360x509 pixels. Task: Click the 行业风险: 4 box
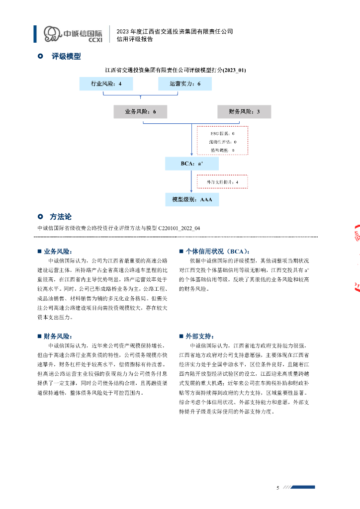tap(106, 84)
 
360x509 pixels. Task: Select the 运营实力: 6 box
tap(185, 84)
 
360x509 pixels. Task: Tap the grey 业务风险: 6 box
tap(140, 112)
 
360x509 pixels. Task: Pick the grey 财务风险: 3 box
tap(244, 112)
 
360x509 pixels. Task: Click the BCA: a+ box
tap(191, 164)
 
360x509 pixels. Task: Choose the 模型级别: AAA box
tap(192, 199)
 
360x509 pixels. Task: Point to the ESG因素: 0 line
tap(222, 134)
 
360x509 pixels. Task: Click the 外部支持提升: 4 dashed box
tap(222, 182)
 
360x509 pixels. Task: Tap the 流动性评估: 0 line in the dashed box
tap(222, 142)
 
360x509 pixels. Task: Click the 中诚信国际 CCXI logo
tap(73, 34)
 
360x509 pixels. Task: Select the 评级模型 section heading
tap(66, 57)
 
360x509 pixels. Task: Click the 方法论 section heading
tap(61, 217)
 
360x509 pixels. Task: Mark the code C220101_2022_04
tap(180, 228)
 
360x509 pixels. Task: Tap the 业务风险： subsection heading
tap(58, 252)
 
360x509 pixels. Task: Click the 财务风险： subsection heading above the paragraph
tap(58, 337)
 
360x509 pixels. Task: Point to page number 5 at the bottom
tap(278, 488)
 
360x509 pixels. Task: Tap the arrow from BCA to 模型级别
tap(191, 182)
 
